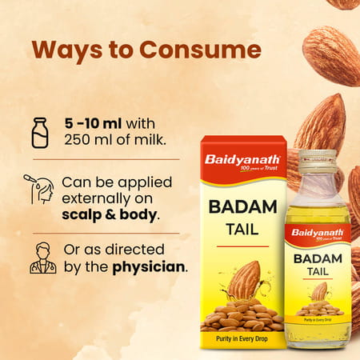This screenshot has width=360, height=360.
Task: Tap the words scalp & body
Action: (x=110, y=215)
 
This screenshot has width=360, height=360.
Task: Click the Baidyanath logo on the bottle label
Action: (x=317, y=233)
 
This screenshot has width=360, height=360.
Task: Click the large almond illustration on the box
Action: (x=243, y=280)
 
